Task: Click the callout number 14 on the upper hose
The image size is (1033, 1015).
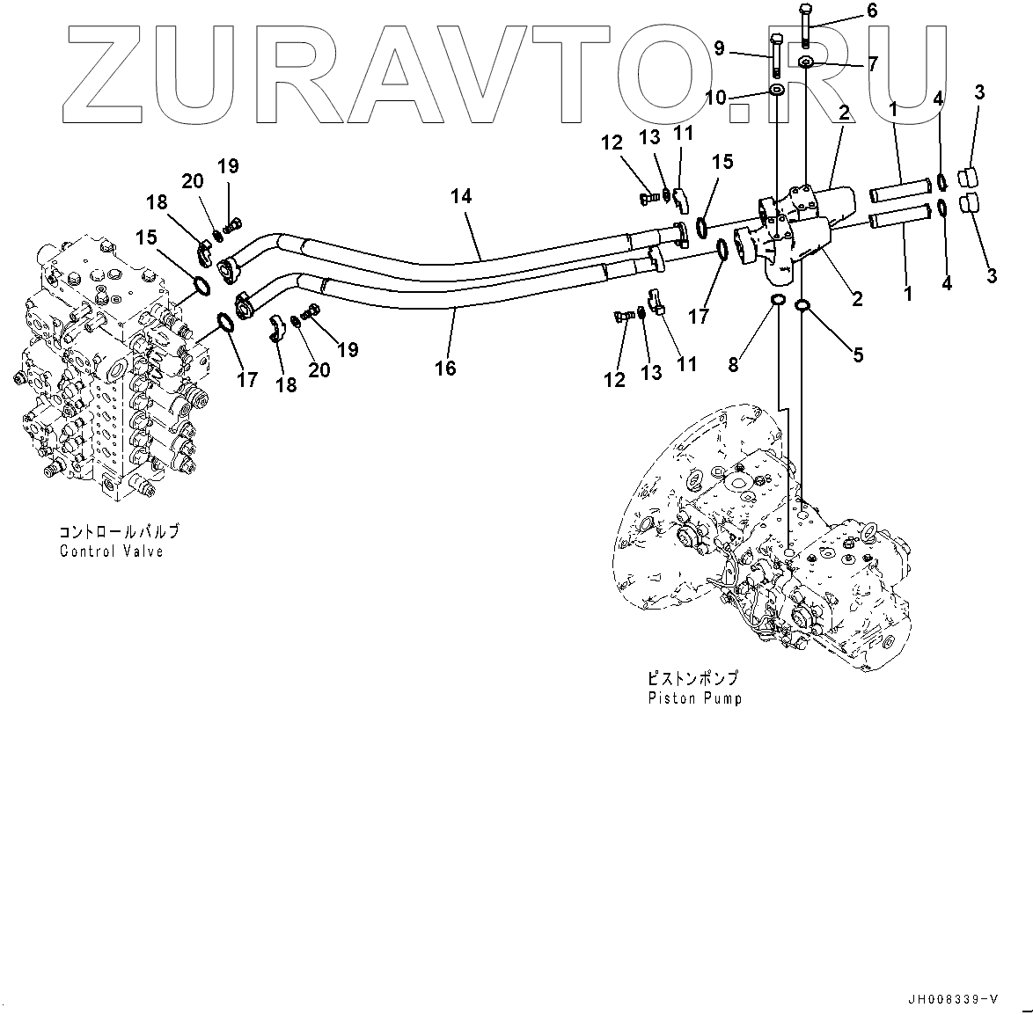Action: (461, 196)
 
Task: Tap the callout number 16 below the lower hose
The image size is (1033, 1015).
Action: (446, 367)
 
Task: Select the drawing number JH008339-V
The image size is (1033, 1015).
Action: (955, 998)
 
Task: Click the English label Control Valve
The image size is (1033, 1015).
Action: (112, 551)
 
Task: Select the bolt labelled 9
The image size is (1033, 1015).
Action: (776, 55)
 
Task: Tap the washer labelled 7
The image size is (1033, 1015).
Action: (806, 62)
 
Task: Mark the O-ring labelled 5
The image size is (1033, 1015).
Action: (802, 305)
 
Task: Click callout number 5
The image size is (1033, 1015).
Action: (857, 354)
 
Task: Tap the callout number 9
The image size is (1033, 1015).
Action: (719, 49)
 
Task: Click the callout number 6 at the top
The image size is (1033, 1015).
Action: (872, 11)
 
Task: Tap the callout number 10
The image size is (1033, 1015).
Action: (715, 97)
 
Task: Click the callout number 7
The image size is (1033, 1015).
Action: (872, 64)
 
